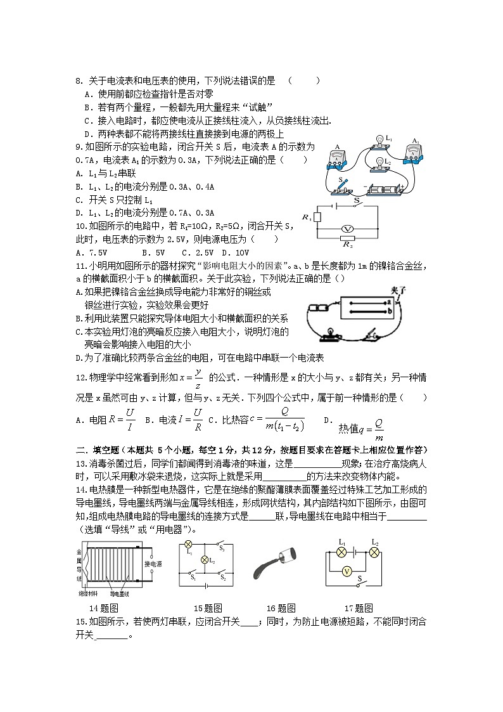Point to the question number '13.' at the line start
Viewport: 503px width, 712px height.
[81, 463]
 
